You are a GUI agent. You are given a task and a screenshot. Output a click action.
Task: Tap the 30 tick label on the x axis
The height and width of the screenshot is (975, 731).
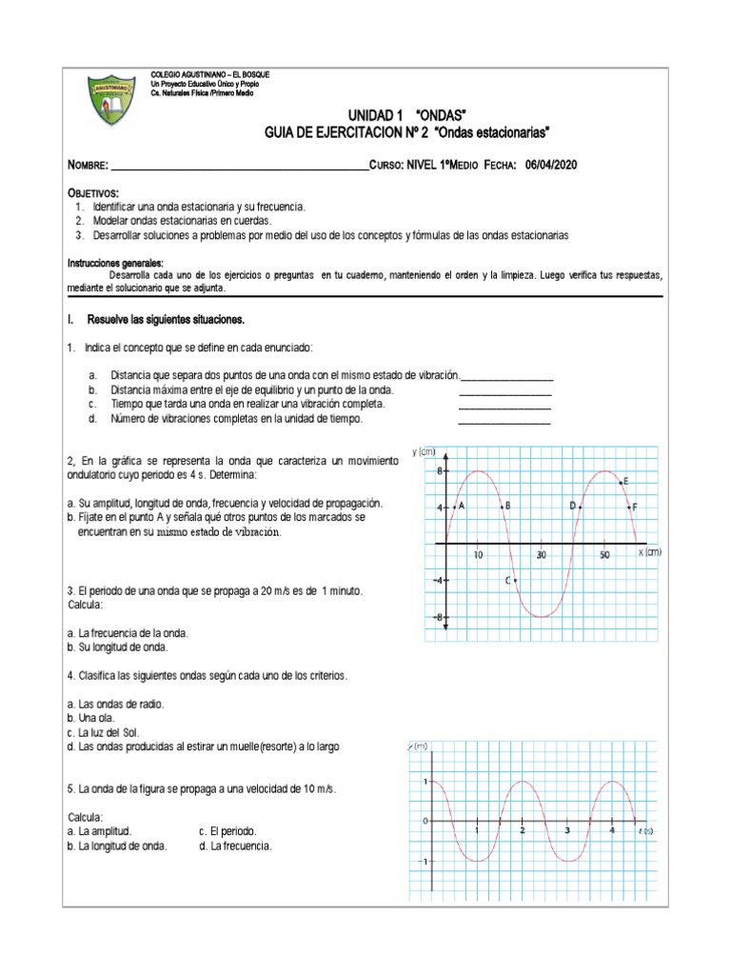point(541,554)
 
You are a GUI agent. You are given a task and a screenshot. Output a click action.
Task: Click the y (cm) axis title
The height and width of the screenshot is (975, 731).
point(424,452)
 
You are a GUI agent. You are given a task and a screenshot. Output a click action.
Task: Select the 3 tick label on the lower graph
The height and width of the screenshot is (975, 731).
point(566,830)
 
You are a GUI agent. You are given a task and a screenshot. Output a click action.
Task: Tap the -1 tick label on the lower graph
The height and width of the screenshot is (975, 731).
point(424,861)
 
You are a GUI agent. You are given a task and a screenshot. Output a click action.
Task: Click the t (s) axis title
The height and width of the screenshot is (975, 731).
point(644,830)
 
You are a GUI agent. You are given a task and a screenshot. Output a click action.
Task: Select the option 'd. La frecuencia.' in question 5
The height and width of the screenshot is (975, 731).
point(235,846)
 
